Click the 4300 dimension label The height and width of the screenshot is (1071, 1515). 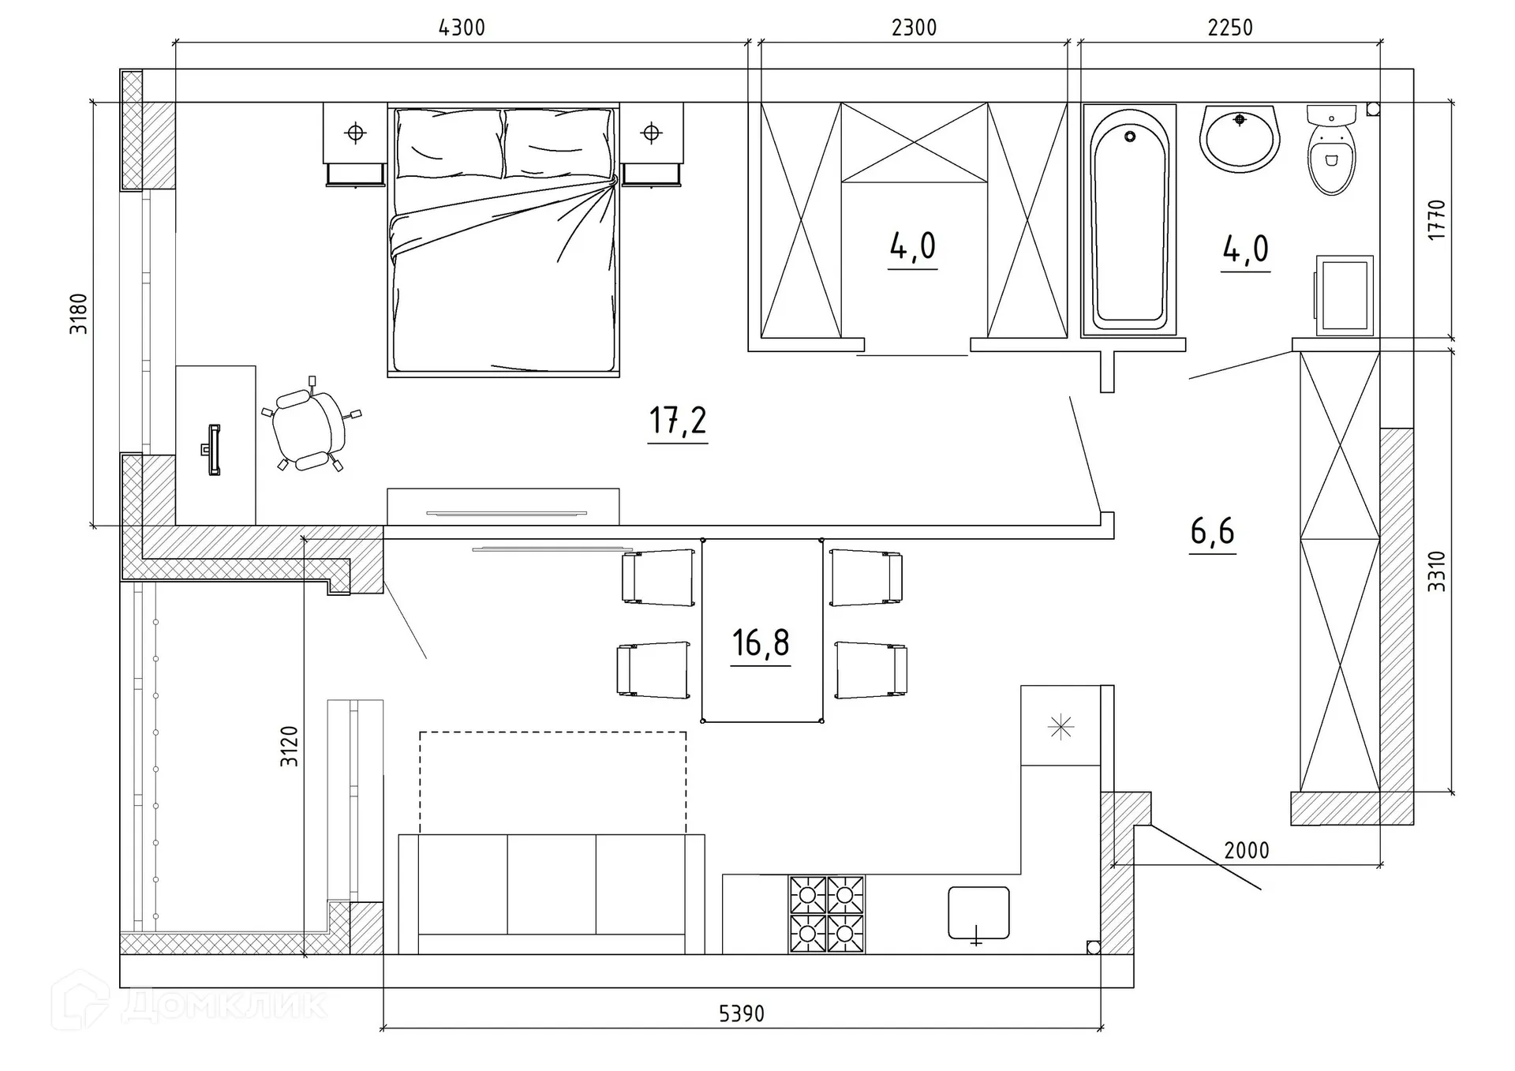462,28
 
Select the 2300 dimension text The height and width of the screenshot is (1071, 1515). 914,28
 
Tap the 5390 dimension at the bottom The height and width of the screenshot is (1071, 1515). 742,1013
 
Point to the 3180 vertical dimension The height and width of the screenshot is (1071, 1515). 79,313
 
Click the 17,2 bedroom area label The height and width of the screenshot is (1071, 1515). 678,420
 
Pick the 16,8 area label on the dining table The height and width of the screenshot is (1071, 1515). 761,642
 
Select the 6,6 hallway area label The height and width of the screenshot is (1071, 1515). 1213,531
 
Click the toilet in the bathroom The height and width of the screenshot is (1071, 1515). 1331,150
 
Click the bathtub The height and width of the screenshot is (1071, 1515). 1129,219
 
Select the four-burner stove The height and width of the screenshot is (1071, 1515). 826,914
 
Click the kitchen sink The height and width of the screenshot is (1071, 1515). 978,913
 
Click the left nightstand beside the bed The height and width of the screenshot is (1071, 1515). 355,144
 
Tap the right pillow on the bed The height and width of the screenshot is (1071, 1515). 557,144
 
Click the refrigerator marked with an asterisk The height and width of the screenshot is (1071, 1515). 1060,725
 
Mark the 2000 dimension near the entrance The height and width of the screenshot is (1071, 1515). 1247,851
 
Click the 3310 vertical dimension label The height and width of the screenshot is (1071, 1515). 1437,571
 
